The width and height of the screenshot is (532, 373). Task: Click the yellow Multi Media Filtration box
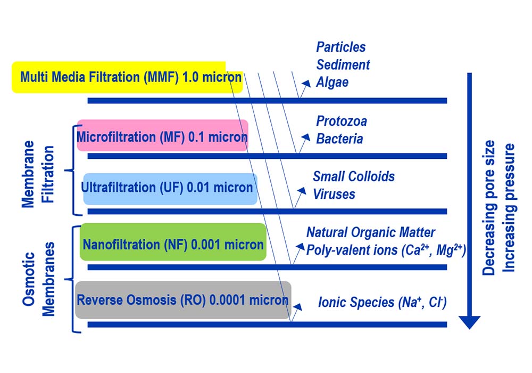coord(127,77)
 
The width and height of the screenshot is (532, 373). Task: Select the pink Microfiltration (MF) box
coord(162,135)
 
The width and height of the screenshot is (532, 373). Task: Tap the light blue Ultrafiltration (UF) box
coord(170,189)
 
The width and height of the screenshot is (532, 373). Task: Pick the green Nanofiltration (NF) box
coord(173,242)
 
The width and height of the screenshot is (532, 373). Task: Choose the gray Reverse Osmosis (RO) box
coord(183,300)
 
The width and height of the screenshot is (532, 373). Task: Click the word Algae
coord(332,83)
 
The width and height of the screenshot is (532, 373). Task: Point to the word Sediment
coord(343,64)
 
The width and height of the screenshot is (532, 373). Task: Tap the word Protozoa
coord(342,121)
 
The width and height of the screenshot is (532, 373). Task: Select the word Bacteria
coord(339,139)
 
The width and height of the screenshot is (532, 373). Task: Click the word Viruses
coord(334,194)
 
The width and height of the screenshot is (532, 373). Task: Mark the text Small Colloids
coord(354,176)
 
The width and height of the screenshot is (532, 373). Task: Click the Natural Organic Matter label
coord(370,232)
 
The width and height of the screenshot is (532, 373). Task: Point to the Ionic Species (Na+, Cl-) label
coord(382,302)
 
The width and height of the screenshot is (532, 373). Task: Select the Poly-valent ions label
coord(386,250)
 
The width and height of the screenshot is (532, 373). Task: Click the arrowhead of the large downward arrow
coord(470,322)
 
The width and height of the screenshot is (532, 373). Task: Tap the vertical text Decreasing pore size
coord(488,207)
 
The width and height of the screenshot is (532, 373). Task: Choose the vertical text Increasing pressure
coord(508,208)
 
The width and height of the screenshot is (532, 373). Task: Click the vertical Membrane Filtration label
coord(38,174)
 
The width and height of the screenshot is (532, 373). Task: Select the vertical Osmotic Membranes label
coord(38,279)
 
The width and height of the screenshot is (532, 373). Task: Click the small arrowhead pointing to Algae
coord(306,84)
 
